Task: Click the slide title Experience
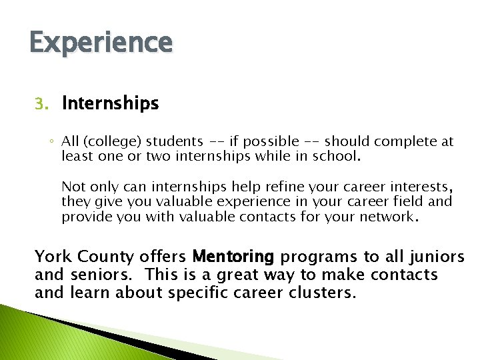tap(101, 43)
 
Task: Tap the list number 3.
tap(41, 104)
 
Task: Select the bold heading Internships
tap(110, 103)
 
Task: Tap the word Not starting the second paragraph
tap(73, 185)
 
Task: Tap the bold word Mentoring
tap(233, 256)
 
